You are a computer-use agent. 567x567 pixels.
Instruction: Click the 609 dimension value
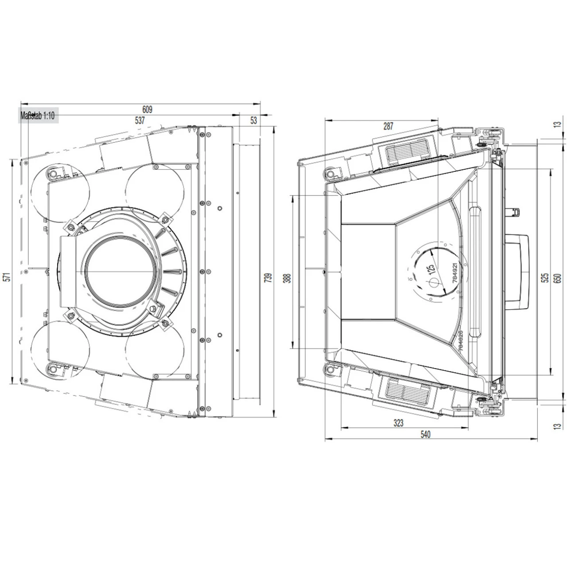click(147, 109)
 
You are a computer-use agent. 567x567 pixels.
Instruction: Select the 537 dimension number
click(140, 120)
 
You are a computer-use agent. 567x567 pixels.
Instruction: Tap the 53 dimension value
click(253, 120)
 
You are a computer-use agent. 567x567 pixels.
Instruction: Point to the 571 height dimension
click(8, 277)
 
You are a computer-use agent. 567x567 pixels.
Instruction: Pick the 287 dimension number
click(388, 126)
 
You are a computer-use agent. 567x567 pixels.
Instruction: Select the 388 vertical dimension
click(288, 278)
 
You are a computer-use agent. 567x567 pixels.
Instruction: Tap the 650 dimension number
click(557, 278)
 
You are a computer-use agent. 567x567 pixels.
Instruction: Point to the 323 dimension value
click(398, 423)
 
